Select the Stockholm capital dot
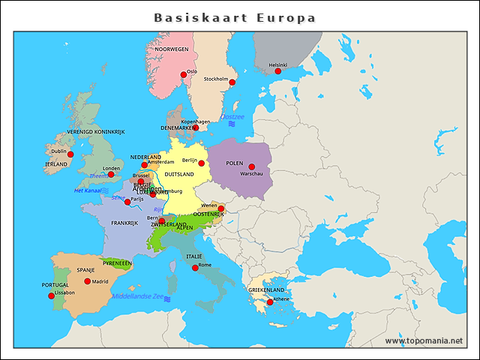(232, 82)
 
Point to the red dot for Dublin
(70, 154)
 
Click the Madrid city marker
(88, 281)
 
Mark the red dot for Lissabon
(52, 296)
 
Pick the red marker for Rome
(195, 268)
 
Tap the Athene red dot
(270, 302)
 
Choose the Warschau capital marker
(252, 166)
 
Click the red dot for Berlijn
(201, 163)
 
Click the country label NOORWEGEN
(172, 49)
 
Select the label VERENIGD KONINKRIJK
(95, 131)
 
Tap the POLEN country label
(235, 163)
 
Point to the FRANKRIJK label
(124, 223)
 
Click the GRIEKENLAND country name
(266, 289)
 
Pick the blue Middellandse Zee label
(137, 296)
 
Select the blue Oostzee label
(232, 117)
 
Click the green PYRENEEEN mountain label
(117, 263)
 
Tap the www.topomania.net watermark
(424, 340)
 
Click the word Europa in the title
(286, 17)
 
